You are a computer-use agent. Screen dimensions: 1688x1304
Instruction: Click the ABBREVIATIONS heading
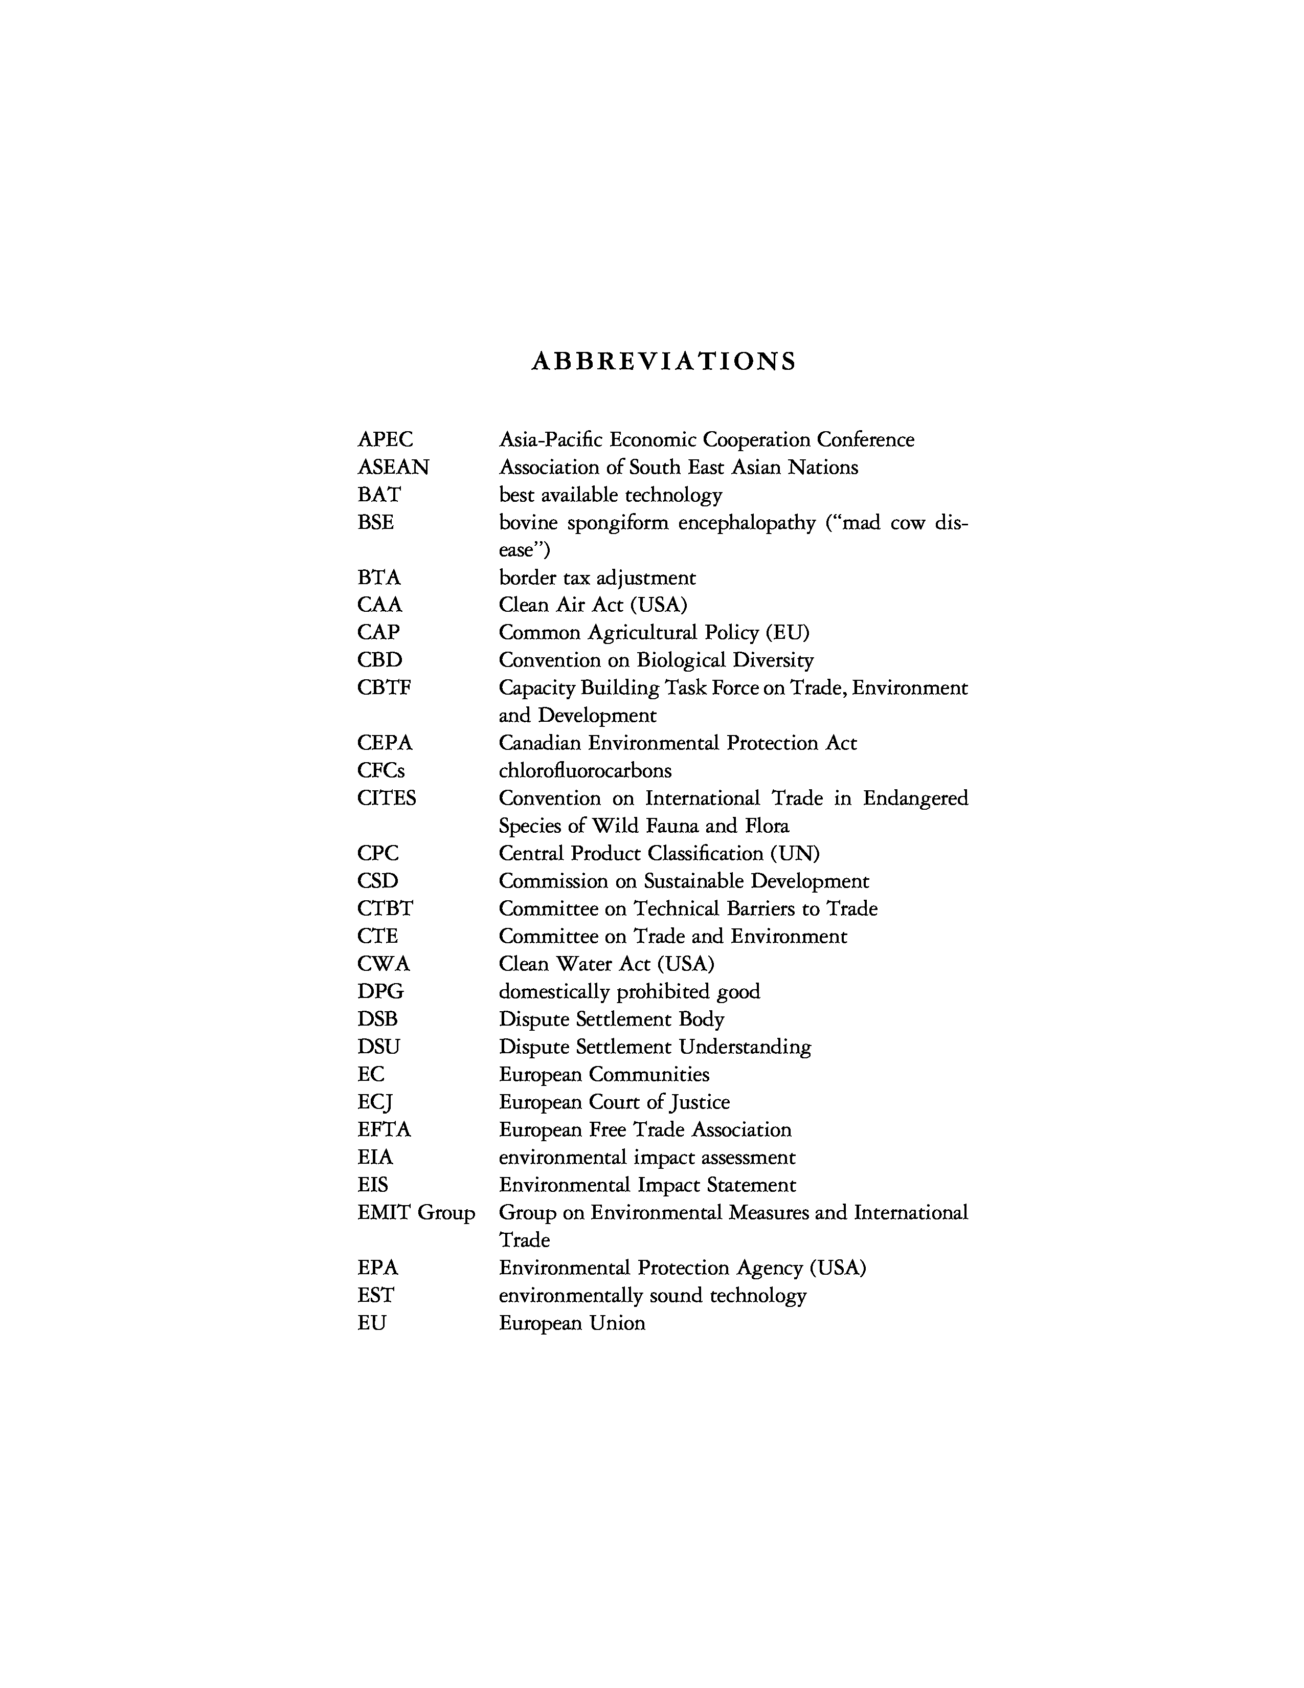(663, 362)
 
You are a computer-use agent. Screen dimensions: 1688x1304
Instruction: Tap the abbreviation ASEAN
(393, 468)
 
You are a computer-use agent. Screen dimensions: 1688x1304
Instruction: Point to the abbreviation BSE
(375, 522)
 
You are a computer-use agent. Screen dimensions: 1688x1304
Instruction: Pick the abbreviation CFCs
(381, 770)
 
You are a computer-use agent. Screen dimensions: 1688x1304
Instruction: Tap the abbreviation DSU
(378, 1047)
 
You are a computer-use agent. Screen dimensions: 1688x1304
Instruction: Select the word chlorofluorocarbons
(585, 770)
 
